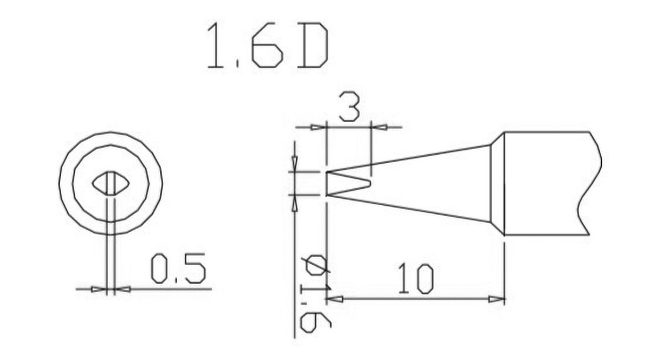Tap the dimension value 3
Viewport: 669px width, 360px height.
349,106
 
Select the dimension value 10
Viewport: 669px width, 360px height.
417,279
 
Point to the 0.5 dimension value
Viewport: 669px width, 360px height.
178,269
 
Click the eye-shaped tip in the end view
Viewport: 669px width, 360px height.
111,184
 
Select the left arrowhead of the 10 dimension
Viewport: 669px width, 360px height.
334,299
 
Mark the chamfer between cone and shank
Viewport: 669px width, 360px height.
497,183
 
